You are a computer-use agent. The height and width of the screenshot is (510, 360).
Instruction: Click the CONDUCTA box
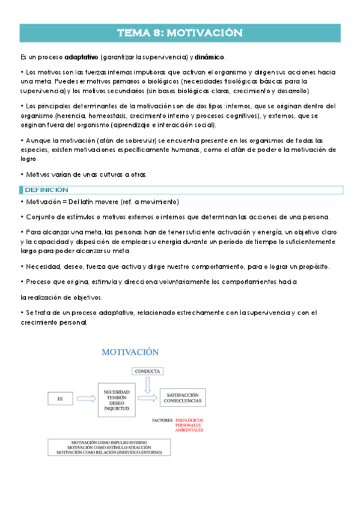[147, 371]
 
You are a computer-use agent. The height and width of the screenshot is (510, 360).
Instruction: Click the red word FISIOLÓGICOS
[189, 419]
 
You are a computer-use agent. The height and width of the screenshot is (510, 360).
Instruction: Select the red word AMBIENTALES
[189, 430]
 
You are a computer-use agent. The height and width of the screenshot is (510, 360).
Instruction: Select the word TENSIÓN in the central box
[116, 397]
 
